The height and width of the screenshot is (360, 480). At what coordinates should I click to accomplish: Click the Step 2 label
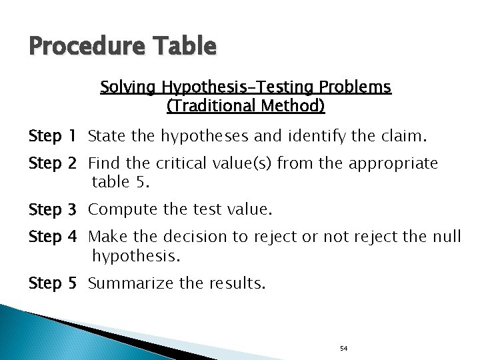pos(53,163)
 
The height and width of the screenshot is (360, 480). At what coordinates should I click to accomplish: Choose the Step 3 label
pos(53,210)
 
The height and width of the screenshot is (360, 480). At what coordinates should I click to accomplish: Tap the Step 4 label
pos(53,236)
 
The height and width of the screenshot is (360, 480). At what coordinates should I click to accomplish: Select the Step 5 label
pos(53,283)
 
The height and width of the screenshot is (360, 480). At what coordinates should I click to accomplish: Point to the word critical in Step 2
pos(178,163)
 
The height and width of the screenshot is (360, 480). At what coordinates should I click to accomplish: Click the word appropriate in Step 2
pos(400,163)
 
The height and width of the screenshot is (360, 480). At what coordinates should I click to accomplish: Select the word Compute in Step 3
pos(117,210)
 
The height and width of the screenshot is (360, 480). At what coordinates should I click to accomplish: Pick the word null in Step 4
pos(445,236)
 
